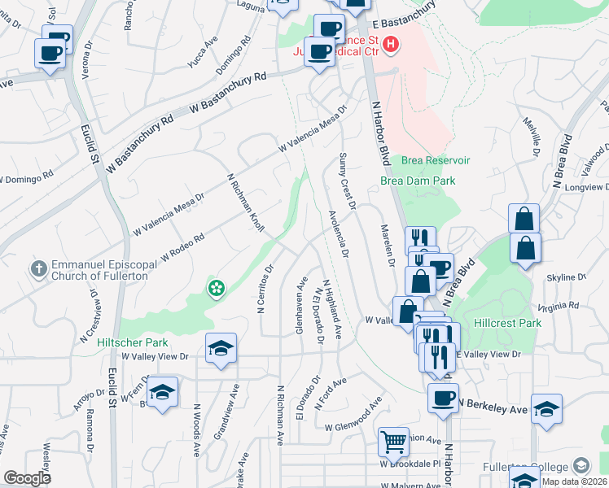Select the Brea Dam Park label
(x=418, y=181)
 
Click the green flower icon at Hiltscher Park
(x=216, y=288)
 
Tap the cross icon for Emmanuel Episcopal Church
(x=38, y=268)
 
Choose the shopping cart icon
(x=394, y=442)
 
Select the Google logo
(x=27, y=478)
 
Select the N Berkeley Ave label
(x=493, y=404)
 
